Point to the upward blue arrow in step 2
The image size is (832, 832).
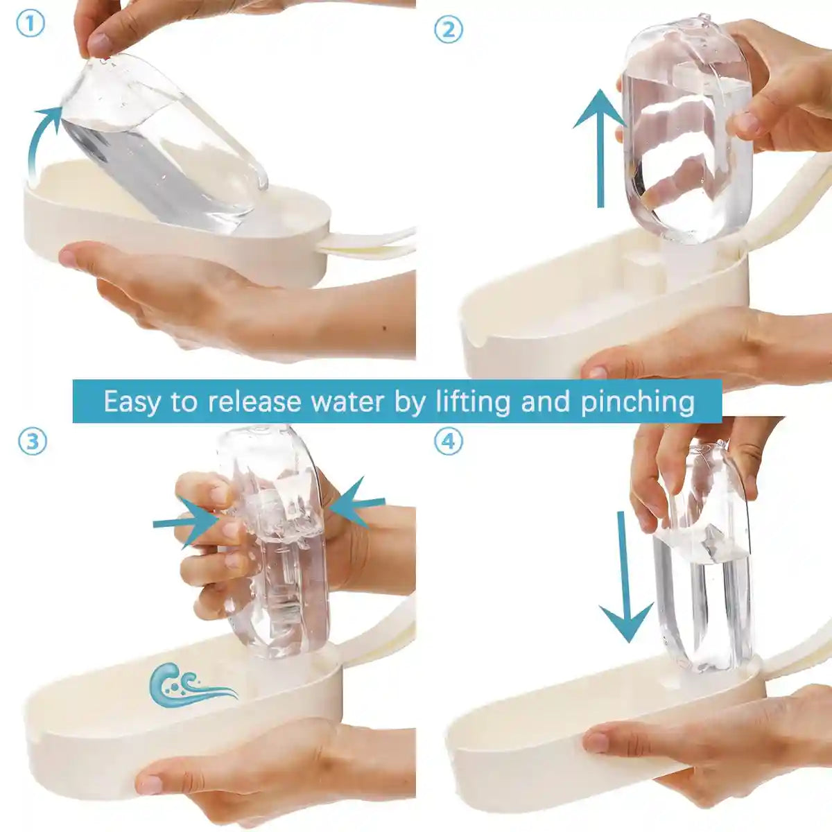[600, 149]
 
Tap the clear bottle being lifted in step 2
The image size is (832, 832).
[686, 132]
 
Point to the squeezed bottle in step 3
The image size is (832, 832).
[277, 541]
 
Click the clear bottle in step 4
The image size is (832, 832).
[704, 562]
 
